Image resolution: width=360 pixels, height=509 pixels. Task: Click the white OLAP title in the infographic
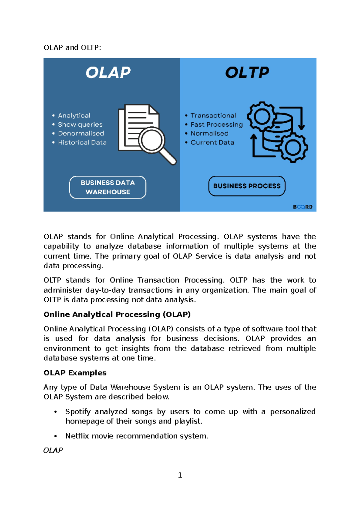(x=108, y=73)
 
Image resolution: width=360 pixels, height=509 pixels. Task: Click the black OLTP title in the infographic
(x=247, y=73)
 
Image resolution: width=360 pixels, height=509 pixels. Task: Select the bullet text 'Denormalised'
(x=81, y=133)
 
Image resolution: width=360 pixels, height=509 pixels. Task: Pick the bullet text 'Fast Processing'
(x=217, y=124)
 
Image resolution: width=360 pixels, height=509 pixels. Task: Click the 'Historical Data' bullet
(x=82, y=142)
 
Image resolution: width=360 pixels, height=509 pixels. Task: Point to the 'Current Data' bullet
(x=212, y=142)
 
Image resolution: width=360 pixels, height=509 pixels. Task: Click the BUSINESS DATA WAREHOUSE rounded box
(x=108, y=187)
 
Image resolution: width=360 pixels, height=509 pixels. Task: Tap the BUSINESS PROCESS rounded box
(x=247, y=186)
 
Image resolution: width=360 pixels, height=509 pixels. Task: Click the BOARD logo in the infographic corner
(x=303, y=207)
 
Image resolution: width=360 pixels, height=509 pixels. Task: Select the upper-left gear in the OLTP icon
(x=262, y=116)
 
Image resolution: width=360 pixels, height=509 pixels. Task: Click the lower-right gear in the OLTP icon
(x=292, y=147)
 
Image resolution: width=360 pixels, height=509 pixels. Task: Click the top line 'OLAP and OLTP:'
(x=72, y=47)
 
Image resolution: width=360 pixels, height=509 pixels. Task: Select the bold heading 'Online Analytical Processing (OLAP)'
(x=117, y=314)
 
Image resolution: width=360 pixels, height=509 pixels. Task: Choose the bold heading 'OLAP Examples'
(x=75, y=372)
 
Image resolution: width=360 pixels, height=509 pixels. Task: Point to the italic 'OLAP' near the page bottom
(x=53, y=450)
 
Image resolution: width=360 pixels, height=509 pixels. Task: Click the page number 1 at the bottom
(x=180, y=475)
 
